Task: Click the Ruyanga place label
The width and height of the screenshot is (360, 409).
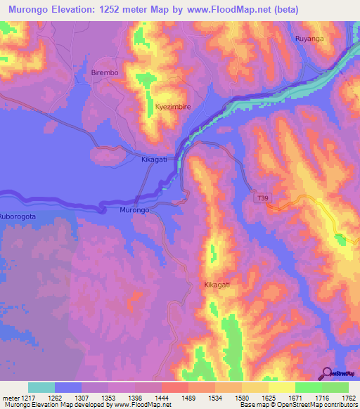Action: (310, 39)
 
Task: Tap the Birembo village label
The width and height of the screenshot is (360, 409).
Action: (105, 72)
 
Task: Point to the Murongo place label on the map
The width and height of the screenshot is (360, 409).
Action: (133, 210)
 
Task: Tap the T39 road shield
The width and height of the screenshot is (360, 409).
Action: (262, 199)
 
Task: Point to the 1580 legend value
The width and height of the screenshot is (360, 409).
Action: (256, 397)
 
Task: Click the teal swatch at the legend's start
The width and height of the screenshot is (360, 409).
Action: (41, 387)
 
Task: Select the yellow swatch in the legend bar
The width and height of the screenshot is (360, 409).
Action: (282, 387)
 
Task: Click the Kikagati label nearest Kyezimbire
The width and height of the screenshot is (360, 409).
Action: (153, 160)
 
